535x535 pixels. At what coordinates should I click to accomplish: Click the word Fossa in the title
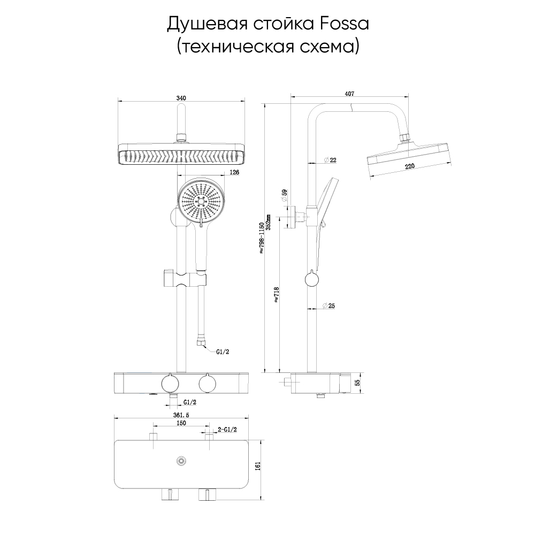click(345, 24)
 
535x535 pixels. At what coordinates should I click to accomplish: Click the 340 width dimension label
click(181, 98)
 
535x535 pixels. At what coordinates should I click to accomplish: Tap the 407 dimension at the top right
click(350, 94)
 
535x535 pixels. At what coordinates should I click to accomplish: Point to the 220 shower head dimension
click(409, 166)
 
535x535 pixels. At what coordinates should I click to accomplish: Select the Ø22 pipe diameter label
click(330, 159)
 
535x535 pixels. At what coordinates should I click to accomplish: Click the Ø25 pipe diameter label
click(329, 305)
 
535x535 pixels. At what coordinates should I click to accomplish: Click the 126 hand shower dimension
click(234, 172)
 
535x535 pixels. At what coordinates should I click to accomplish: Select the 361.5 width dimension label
click(181, 415)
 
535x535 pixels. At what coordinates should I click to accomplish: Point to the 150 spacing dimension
click(181, 423)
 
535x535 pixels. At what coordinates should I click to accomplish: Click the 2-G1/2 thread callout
click(227, 430)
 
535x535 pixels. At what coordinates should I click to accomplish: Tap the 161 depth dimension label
click(258, 466)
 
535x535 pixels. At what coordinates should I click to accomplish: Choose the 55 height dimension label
click(357, 383)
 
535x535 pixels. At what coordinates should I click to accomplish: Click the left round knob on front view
click(170, 383)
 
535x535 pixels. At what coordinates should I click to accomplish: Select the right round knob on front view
click(208, 383)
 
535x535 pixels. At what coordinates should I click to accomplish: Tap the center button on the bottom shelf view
click(181, 461)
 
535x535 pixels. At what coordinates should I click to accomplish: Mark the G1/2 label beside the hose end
click(223, 352)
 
